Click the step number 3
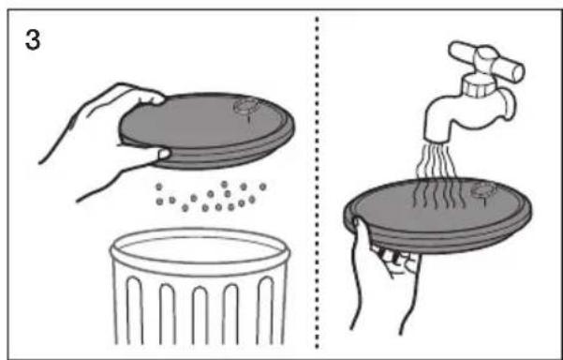[x=33, y=40]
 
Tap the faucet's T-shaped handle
[x=486, y=61]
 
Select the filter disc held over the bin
[x=207, y=130]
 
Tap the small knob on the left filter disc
[x=247, y=106]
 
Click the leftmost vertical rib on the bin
[x=135, y=310]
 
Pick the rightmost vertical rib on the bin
[x=265, y=310]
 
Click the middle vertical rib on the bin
[x=200, y=315]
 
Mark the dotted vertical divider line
[x=317, y=182]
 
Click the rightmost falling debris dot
[x=262, y=187]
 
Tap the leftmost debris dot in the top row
[x=159, y=187]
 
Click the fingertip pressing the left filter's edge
[x=164, y=154]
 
